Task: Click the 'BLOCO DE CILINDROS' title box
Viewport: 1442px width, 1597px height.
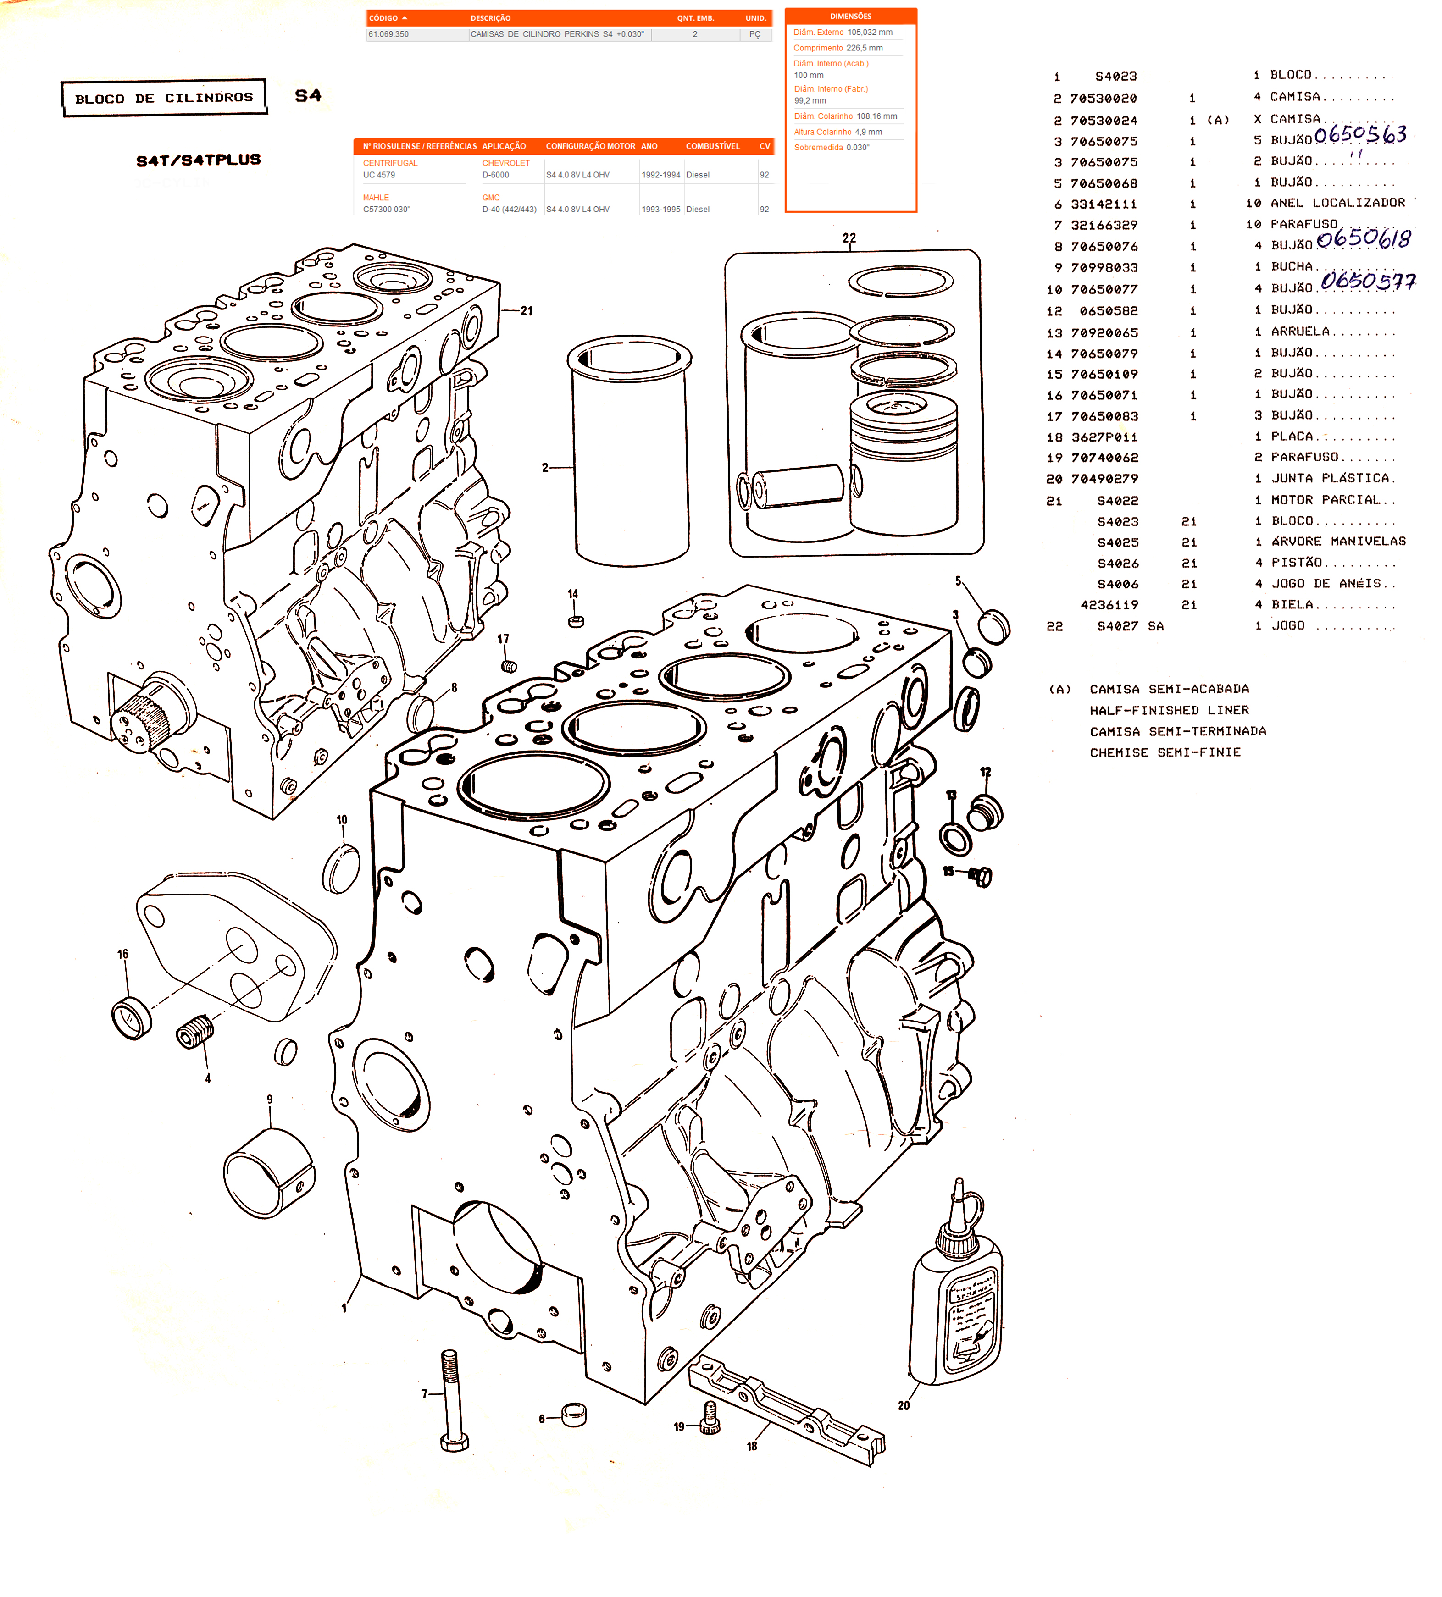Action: pos(164,98)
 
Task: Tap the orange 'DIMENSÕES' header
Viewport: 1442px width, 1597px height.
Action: pos(850,16)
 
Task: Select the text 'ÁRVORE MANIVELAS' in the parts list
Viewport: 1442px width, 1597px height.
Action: pos(1338,542)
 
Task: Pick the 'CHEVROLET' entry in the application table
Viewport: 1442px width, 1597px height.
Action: pos(505,163)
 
